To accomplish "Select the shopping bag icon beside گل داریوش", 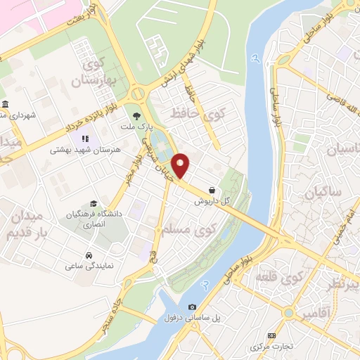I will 212,190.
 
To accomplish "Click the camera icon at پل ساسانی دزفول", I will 192,307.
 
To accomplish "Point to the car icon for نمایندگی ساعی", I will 89,255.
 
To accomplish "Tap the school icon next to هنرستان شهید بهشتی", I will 85,139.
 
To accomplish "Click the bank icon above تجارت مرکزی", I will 271,335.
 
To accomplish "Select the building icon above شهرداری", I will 4,103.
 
